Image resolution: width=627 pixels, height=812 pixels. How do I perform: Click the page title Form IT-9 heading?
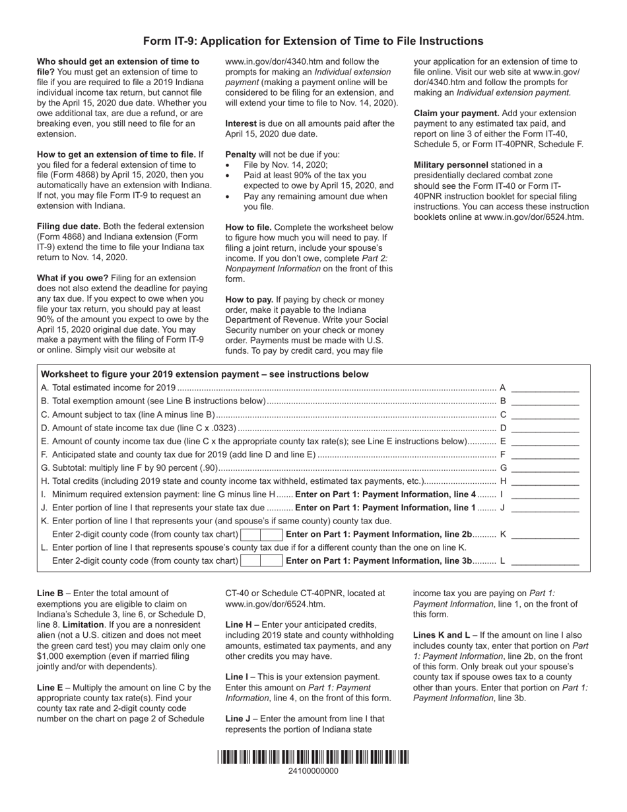[x=313, y=41]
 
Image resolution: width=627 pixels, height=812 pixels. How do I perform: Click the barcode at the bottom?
[x=313, y=757]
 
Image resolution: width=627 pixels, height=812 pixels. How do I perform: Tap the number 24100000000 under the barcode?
[x=313, y=770]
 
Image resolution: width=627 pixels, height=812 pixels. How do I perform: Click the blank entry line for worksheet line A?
[x=545, y=389]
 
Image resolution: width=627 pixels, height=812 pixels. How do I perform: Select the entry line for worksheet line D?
[x=545, y=428]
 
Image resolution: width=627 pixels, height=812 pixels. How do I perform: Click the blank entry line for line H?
[x=545, y=482]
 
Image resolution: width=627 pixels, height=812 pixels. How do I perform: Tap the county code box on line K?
[x=261, y=535]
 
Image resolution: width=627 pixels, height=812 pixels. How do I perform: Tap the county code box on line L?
[x=261, y=561]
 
